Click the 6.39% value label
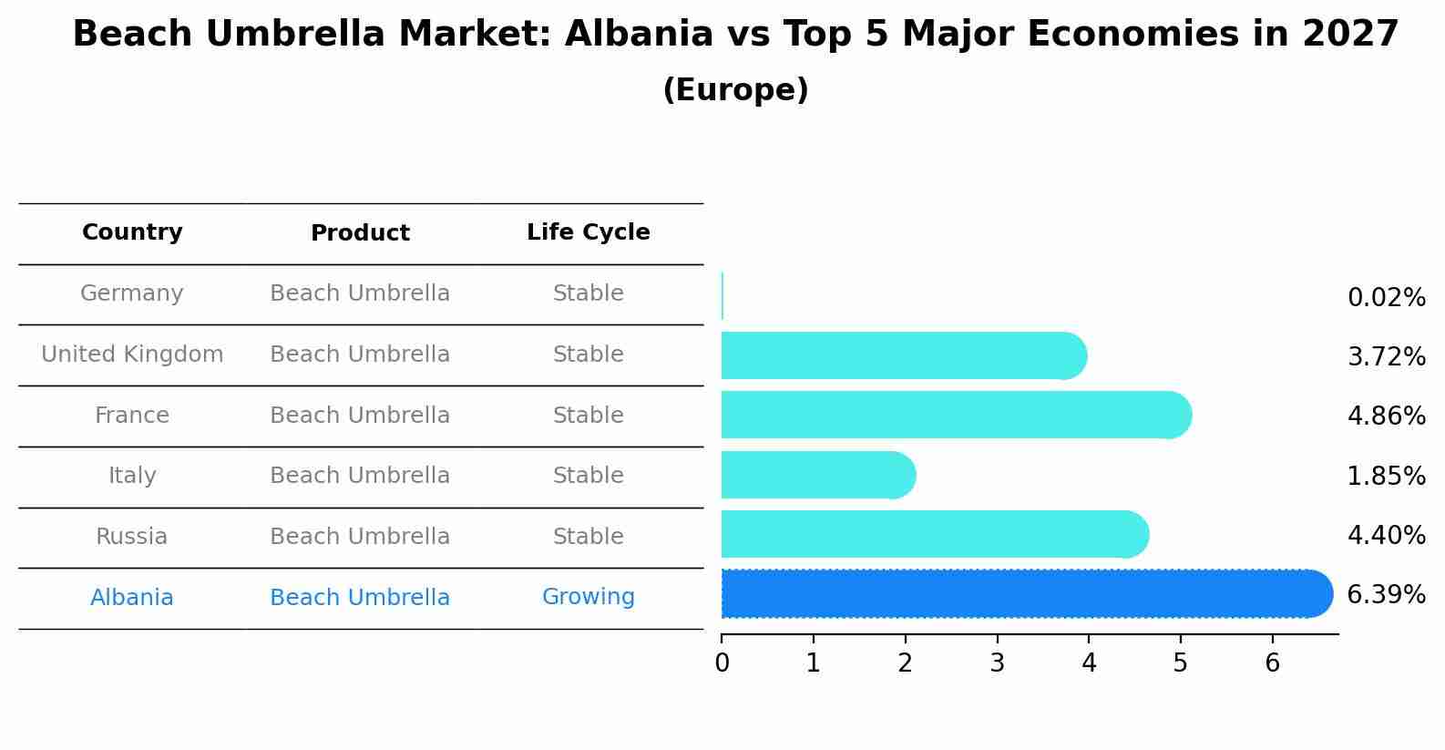click(x=1386, y=595)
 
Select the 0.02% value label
click(x=1386, y=298)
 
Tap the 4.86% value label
click(x=1386, y=416)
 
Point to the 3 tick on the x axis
click(x=997, y=663)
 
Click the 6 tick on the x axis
click(x=1272, y=663)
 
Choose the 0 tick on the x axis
click(x=722, y=663)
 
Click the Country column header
click(x=132, y=232)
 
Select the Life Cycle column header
click(x=588, y=232)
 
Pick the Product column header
click(x=360, y=233)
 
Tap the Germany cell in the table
click(x=132, y=293)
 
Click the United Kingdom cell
click(x=132, y=354)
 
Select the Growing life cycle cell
click(x=588, y=597)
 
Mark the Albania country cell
click(x=132, y=598)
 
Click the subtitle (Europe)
click(x=735, y=90)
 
